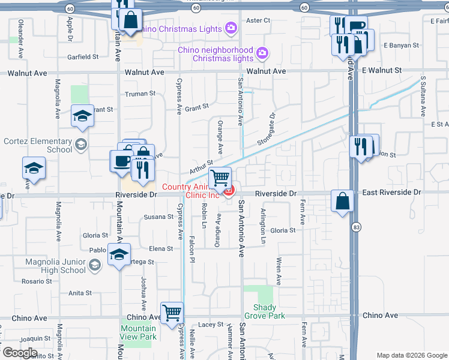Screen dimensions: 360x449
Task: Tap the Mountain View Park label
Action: (138, 332)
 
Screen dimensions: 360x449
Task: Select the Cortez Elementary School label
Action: (38, 145)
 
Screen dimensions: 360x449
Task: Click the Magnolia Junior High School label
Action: (56, 266)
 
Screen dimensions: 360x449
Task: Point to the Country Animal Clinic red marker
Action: (229, 191)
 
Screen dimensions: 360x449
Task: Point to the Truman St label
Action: (140, 94)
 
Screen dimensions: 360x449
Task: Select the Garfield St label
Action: (83, 57)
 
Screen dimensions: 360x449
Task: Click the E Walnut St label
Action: (382, 71)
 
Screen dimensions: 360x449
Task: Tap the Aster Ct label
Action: (258, 20)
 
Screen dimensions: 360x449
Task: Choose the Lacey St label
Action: (211, 325)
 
